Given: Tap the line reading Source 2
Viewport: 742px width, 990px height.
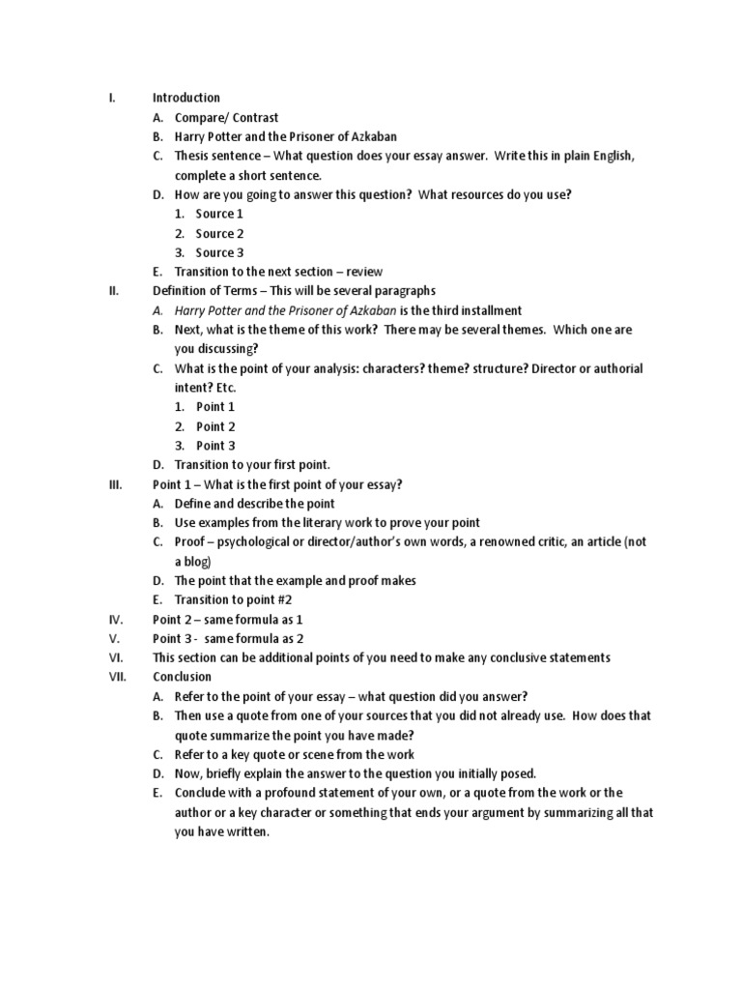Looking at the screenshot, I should pos(219,233).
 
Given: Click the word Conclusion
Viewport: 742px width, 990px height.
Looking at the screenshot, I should pos(182,677).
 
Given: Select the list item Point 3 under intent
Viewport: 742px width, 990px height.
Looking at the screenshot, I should pos(215,446).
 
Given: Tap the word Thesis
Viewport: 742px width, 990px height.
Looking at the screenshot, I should pos(192,156).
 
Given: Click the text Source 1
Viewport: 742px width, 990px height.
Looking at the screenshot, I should pos(219,214).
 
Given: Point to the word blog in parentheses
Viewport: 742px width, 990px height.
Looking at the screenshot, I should pos(196,562).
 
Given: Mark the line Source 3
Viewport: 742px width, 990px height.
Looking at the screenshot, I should pos(219,252).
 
